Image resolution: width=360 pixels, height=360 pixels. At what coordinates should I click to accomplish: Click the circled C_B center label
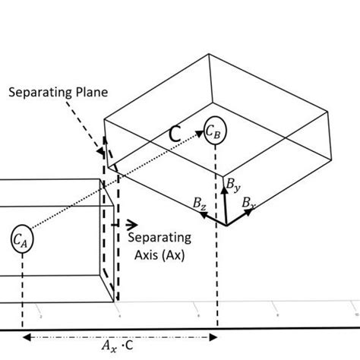pyautogui.click(x=213, y=132)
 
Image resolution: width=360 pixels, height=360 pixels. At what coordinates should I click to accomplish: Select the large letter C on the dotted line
pyautogui.click(x=174, y=134)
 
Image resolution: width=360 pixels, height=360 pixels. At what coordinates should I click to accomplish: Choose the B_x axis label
pyautogui.click(x=248, y=203)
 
